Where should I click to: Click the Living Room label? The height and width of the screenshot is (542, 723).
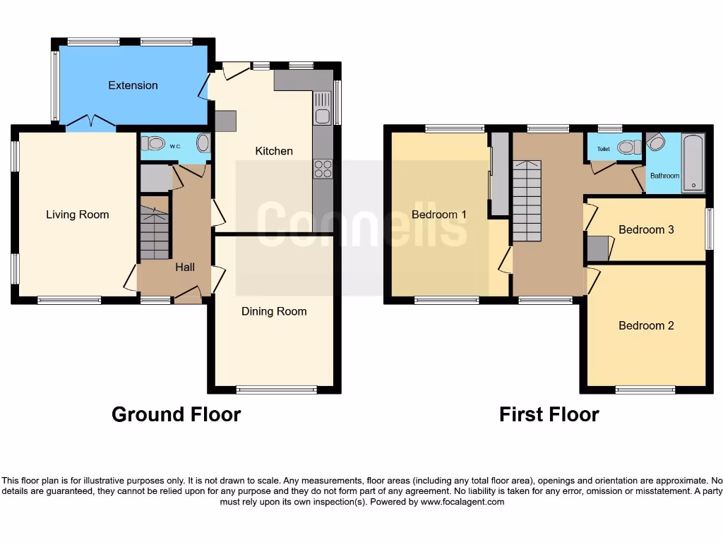[78, 215]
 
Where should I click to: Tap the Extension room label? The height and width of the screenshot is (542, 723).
[133, 85]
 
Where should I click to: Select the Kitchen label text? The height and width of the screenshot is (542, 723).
[274, 151]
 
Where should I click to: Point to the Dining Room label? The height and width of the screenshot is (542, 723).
[274, 311]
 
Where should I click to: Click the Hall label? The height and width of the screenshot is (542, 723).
[185, 267]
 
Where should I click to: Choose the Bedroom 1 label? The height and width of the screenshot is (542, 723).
[438, 215]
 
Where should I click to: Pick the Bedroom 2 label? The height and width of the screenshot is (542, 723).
[646, 325]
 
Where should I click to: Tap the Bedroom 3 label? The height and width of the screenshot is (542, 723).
[646, 229]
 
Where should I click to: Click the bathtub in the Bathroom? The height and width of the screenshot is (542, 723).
[693, 163]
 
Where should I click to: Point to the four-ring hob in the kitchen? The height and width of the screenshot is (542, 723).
[323, 169]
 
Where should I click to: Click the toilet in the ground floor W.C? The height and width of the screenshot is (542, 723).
[153, 144]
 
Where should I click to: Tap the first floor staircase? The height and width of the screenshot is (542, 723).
[527, 201]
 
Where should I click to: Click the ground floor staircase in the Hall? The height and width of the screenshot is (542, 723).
[155, 233]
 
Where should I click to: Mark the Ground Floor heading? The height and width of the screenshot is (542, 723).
[176, 414]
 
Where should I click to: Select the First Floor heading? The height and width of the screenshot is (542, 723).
[549, 414]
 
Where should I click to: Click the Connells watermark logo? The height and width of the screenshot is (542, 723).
[361, 224]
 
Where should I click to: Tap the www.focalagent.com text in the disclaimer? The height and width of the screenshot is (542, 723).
[462, 502]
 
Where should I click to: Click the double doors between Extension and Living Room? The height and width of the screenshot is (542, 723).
[90, 126]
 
